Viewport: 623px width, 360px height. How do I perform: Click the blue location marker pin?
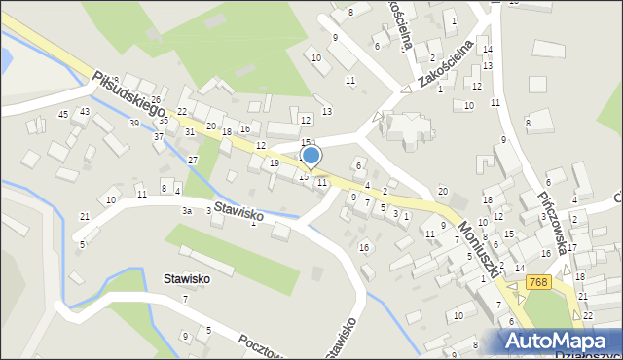point(311,157)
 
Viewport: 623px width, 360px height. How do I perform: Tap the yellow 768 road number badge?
point(538,281)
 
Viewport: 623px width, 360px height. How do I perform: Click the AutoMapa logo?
point(559,341)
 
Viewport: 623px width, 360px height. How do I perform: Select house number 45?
point(63,115)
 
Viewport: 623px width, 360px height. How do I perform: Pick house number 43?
point(85,112)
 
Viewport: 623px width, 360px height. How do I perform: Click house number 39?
point(133,124)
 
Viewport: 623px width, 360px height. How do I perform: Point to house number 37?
point(158,136)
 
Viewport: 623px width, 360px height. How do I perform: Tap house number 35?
point(164,121)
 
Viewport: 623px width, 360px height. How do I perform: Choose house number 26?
point(155,100)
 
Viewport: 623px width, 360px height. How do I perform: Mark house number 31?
point(190,131)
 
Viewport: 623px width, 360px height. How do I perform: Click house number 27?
point(193,160)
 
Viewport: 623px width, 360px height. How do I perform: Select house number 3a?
point(186,210)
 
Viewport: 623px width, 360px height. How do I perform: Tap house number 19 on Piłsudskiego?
point(275,162)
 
